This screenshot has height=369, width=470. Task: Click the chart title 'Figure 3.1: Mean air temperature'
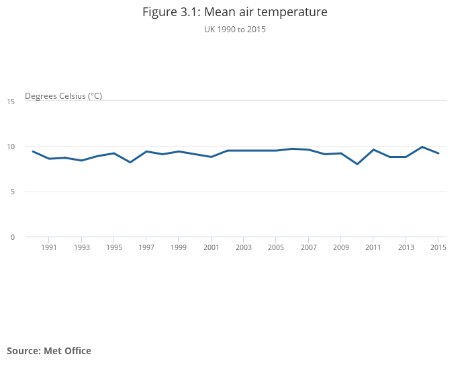234,12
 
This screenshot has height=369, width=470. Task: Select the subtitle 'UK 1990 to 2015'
234,30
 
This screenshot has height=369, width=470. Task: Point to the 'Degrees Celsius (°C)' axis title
63,95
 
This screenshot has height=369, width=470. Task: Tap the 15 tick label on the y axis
11,101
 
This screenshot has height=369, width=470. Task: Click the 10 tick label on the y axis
11,147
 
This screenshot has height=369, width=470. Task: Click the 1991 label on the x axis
49,247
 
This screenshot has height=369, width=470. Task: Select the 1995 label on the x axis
113,247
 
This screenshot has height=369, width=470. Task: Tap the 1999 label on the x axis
179,247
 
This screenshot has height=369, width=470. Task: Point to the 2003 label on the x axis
244,247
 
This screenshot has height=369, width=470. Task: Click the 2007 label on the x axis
308,247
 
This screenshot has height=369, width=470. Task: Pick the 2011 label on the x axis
373,247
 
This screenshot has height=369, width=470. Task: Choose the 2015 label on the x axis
438,247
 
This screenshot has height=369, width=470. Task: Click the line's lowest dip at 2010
357,164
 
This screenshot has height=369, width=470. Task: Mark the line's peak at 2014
422,147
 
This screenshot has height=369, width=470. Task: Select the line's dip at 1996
130,162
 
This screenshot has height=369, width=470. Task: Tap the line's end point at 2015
438,153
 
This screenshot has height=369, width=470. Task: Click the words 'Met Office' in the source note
67,351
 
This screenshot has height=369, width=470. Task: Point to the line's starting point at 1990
33,151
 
